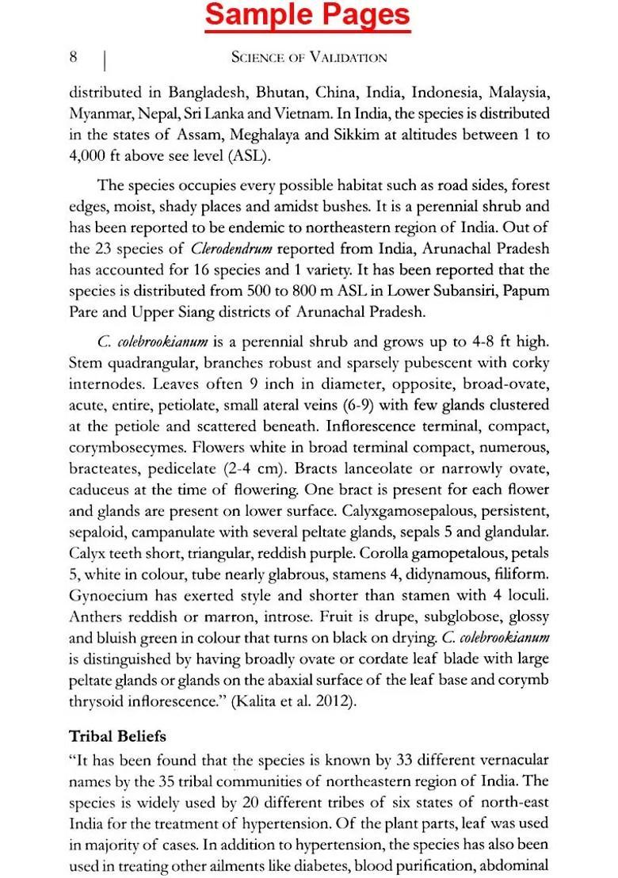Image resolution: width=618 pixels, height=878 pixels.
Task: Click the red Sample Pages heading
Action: [x=308, y=16]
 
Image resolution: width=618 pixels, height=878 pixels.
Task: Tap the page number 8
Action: [x=74, y=56]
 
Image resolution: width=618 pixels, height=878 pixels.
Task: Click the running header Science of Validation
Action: [x=309, y=57]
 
